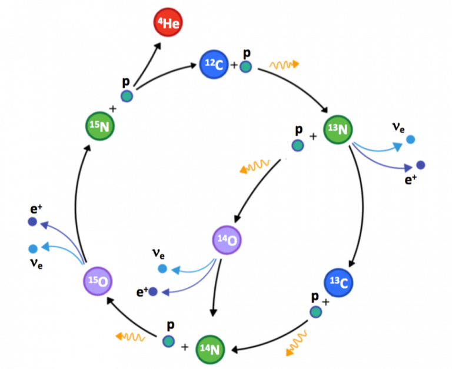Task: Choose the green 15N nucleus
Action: click(99, 126)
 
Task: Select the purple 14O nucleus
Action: click(228, 240)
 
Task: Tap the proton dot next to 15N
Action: click(127, 97)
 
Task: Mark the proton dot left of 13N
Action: click(299, 144)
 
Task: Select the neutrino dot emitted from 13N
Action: click(411, 139)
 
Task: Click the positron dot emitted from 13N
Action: click(420, 165)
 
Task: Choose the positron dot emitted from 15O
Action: click(32, 222)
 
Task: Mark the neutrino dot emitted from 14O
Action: click(162, 269)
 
